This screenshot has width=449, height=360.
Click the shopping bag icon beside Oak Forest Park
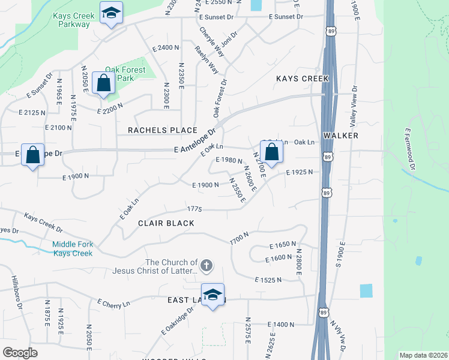[104, 84]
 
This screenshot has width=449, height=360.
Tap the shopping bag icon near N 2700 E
[272, 152]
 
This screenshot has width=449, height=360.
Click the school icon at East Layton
[212, 295]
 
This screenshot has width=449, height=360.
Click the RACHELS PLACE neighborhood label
[162, 130]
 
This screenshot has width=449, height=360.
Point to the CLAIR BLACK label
[166, 223]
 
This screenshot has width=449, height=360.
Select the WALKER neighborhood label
[340, 136]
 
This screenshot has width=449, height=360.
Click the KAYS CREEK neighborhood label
[303, 79]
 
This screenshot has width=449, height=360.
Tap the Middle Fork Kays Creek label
[72, 248]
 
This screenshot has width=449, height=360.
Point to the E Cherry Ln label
[113, 304]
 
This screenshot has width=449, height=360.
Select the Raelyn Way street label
[206, 59]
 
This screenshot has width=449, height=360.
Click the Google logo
[20, 353]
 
